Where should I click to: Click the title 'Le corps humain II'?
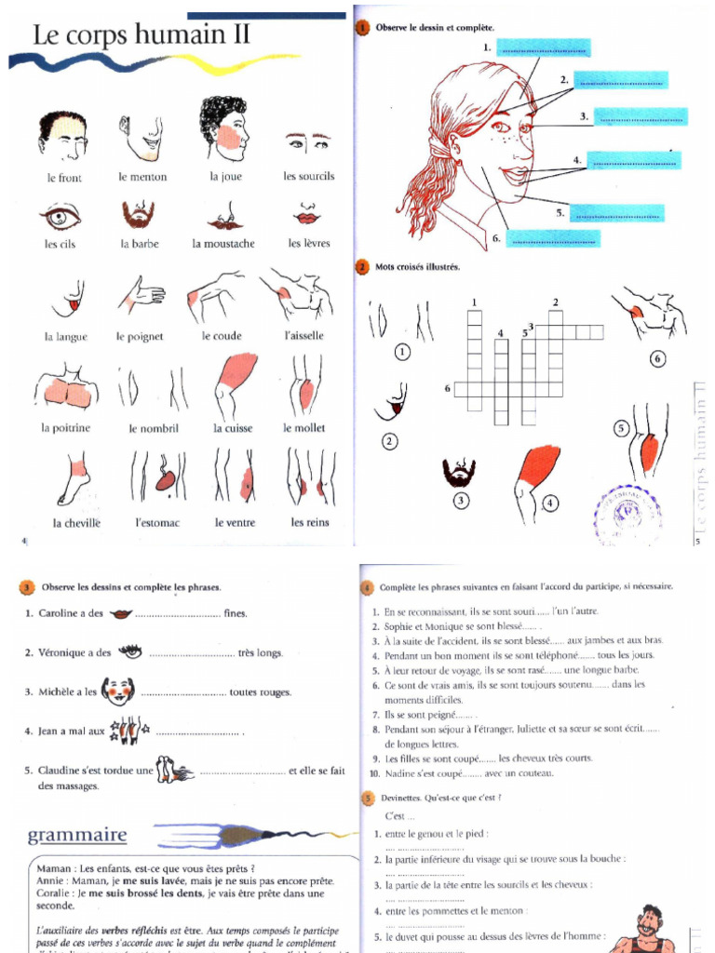point(142,36)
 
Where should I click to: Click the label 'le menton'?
point(142,177)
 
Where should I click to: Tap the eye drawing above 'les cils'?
point(61,217)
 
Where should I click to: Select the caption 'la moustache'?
point(223,244)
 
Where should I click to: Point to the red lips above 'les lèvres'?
point(307,218)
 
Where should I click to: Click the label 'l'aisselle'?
point(303,336)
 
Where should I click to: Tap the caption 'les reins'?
point(309,522)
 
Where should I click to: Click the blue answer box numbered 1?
point(544,47)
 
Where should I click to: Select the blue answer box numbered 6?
point(554,238)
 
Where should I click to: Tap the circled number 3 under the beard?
point(459,502)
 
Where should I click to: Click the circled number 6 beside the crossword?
point(657,358)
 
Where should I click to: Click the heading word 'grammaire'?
point(77,833)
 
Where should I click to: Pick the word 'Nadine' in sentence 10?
point(401,773)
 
